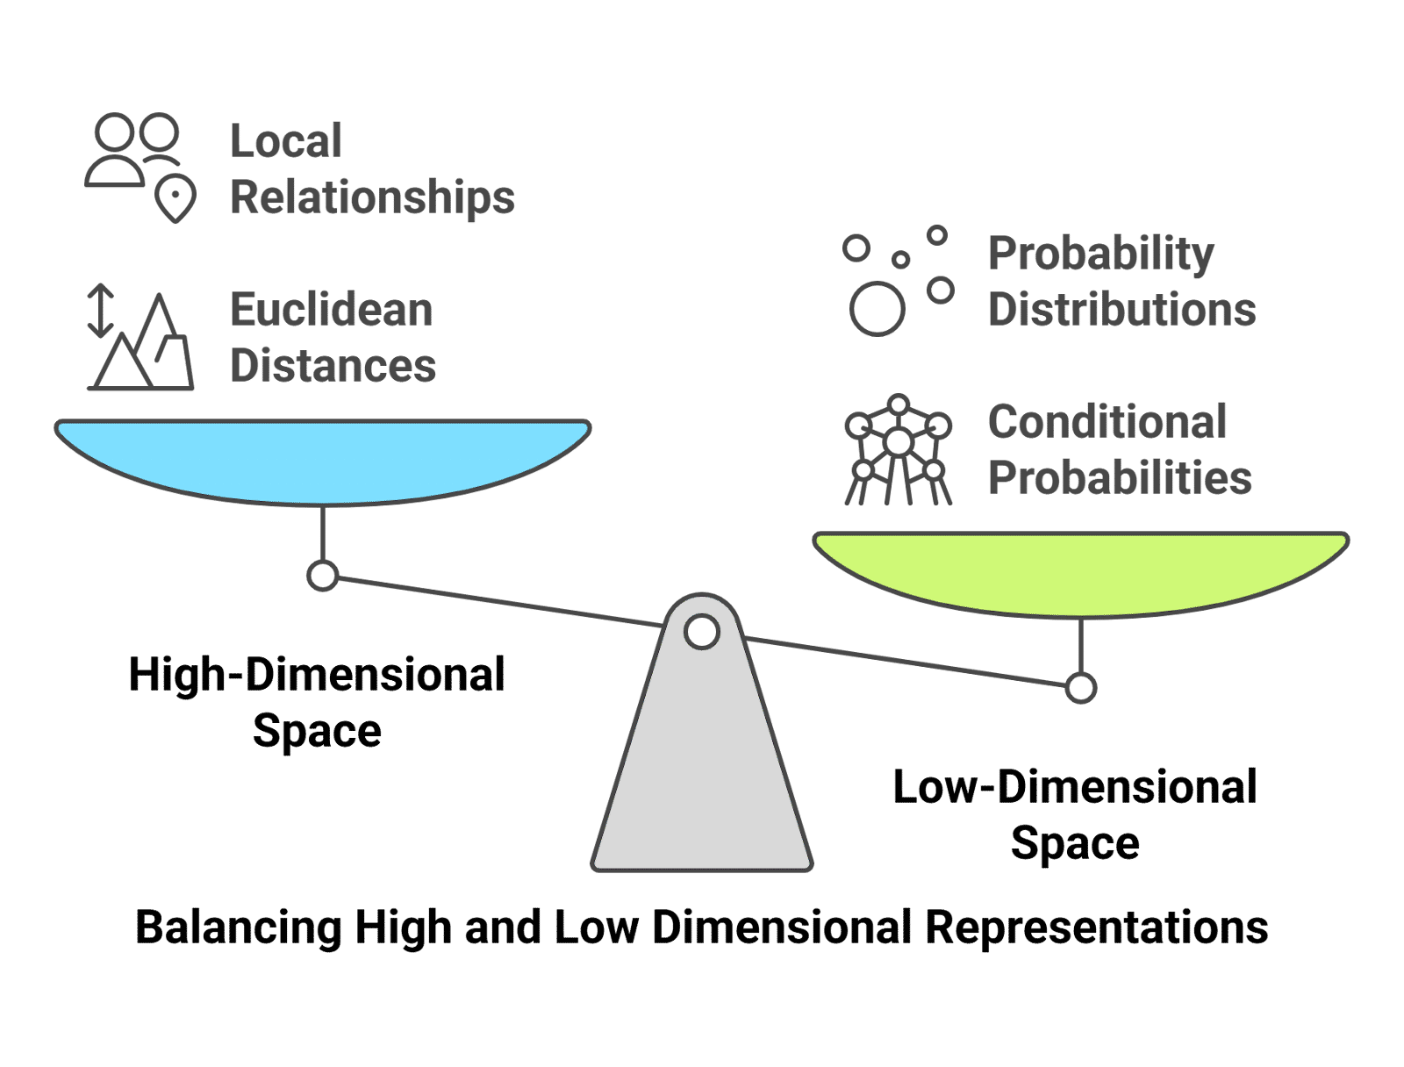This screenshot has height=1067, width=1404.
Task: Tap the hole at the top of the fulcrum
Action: pyautogui.click(x=701, y=632)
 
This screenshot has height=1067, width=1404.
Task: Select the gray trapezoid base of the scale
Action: pyautogui.click(x=702, y=772)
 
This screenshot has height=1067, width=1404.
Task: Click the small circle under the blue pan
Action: pyautogui.click(x=323, y=576)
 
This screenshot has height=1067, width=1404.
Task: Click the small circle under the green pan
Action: pyautogui.click(x=1081, y=689)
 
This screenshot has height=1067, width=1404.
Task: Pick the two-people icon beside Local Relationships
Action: pyautogui.click(x=134, y=149)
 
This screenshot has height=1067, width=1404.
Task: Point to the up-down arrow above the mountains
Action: pyautogui.click(x=100, y=310)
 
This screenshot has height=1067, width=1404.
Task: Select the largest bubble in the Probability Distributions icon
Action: pyautogui.click(x=877, y=309)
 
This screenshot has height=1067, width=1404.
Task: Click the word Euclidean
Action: pyautogui.click(x=332, y=311)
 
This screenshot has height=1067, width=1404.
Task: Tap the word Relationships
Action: pyautogui.click(x=372, y=197)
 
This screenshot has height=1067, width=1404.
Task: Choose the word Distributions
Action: pyautogui.click(x=1122, y=311)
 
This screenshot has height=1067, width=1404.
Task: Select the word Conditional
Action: pyautogui.click(x=1107, y=422)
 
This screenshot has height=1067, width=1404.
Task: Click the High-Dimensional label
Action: pyautogui.click(x=317, y=675)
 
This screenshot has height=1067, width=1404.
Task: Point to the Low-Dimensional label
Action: pyautogui.click(x=1075, y=787)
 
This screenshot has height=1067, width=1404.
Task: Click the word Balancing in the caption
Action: pyautogui.click(x=238, y=927)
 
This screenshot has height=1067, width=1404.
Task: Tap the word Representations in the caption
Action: pyautogui.click(x=1097, y=927)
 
